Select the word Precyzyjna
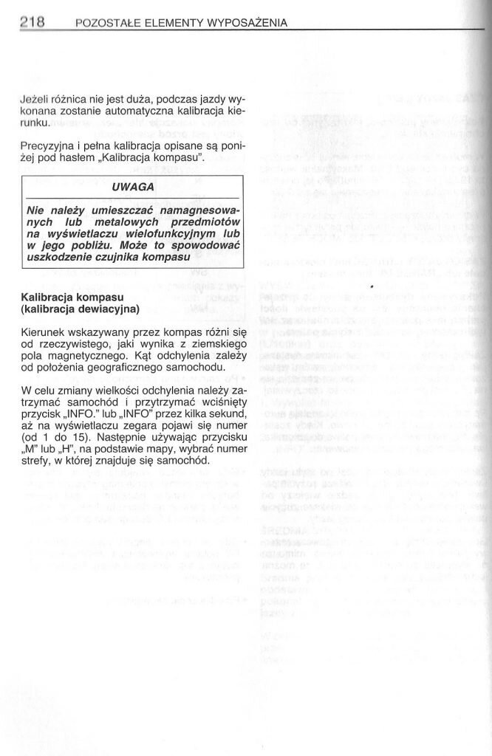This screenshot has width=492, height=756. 49,147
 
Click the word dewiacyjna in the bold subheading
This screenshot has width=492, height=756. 109,309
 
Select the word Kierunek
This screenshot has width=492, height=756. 44,334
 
